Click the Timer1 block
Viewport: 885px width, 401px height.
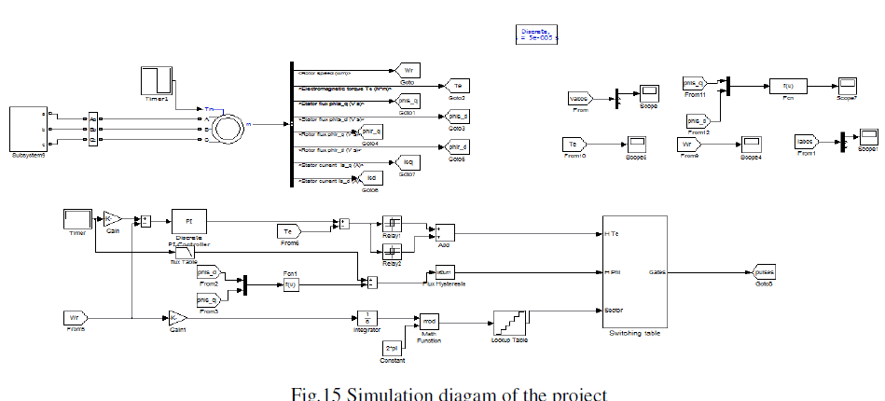pyautogui.click(x=156, y=80)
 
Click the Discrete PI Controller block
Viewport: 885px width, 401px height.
pyautogui.click(x=189, y=223)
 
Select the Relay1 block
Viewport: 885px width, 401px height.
pyautogui.click(x=392, y=224)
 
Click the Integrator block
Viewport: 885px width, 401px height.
pyautogui.click(x=367, y=318)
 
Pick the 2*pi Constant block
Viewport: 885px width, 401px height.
pyautogui.click(x=392, y=347)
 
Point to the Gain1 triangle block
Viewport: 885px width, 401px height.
pyautogui.click(x=177, y=317)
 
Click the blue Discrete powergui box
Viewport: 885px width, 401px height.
pyautogui.click(x=536, y=35)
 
